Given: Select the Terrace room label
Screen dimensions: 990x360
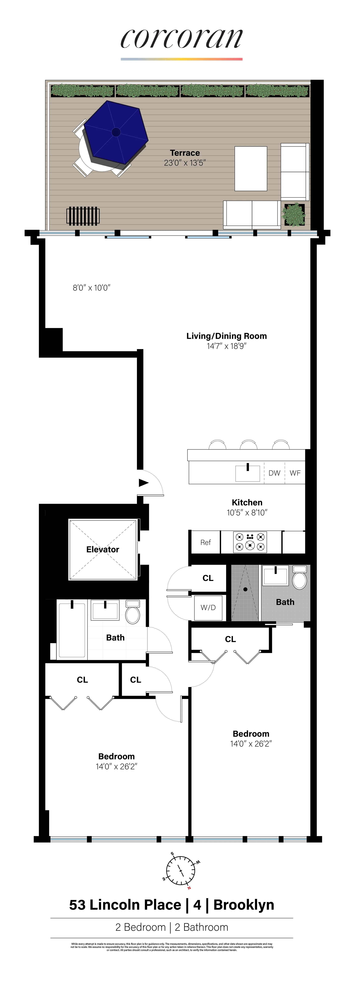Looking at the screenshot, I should (185, 153).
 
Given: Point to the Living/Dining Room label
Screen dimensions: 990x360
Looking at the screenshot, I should (226, 336).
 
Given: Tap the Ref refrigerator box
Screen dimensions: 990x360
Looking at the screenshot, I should (206, 542).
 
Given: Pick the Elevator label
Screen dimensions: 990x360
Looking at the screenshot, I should (103, 550).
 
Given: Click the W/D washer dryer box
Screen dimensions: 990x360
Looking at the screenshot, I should (208, 608).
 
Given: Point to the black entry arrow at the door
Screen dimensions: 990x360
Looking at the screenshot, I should (143, 483).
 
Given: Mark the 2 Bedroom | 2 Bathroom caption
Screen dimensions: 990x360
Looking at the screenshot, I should (172, 927).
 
